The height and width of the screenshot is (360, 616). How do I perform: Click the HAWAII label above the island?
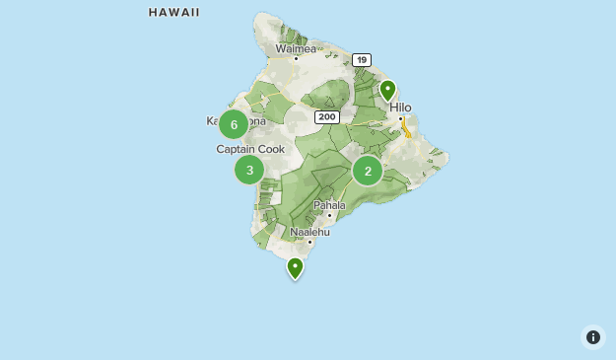(x=174, y=13)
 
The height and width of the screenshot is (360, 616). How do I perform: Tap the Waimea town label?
(x=296, y=47)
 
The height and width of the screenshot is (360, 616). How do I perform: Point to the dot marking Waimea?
(x=296, y=58)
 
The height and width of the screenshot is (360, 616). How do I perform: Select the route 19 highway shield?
(x=362, y=60)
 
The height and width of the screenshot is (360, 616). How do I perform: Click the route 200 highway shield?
(x=327, y=116)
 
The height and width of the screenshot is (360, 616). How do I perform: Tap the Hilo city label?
(x=400, y=108)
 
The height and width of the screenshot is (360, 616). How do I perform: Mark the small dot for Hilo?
(x=400, y=119)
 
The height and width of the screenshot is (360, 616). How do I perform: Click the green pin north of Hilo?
(x=388, y=92)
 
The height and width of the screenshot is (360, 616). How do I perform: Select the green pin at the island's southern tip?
(x=295, y=267)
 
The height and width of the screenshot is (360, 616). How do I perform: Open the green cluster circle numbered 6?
(x=234, y=123)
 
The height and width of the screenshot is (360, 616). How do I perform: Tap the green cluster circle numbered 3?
(x=249, y=170)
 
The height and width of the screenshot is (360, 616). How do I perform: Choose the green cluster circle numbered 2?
(x=368, y=171)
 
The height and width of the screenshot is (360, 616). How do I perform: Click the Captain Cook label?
(x=250, y=149)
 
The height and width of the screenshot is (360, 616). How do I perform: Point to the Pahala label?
(x=329, y=205)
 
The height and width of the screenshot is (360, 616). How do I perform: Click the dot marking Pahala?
(x=329, y=215)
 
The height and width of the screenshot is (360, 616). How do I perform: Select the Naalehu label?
(x=309, y=232)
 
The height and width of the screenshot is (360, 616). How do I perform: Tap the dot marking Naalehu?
(x=309, y=242)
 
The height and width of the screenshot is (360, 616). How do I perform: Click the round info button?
(x=593, y=337)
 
